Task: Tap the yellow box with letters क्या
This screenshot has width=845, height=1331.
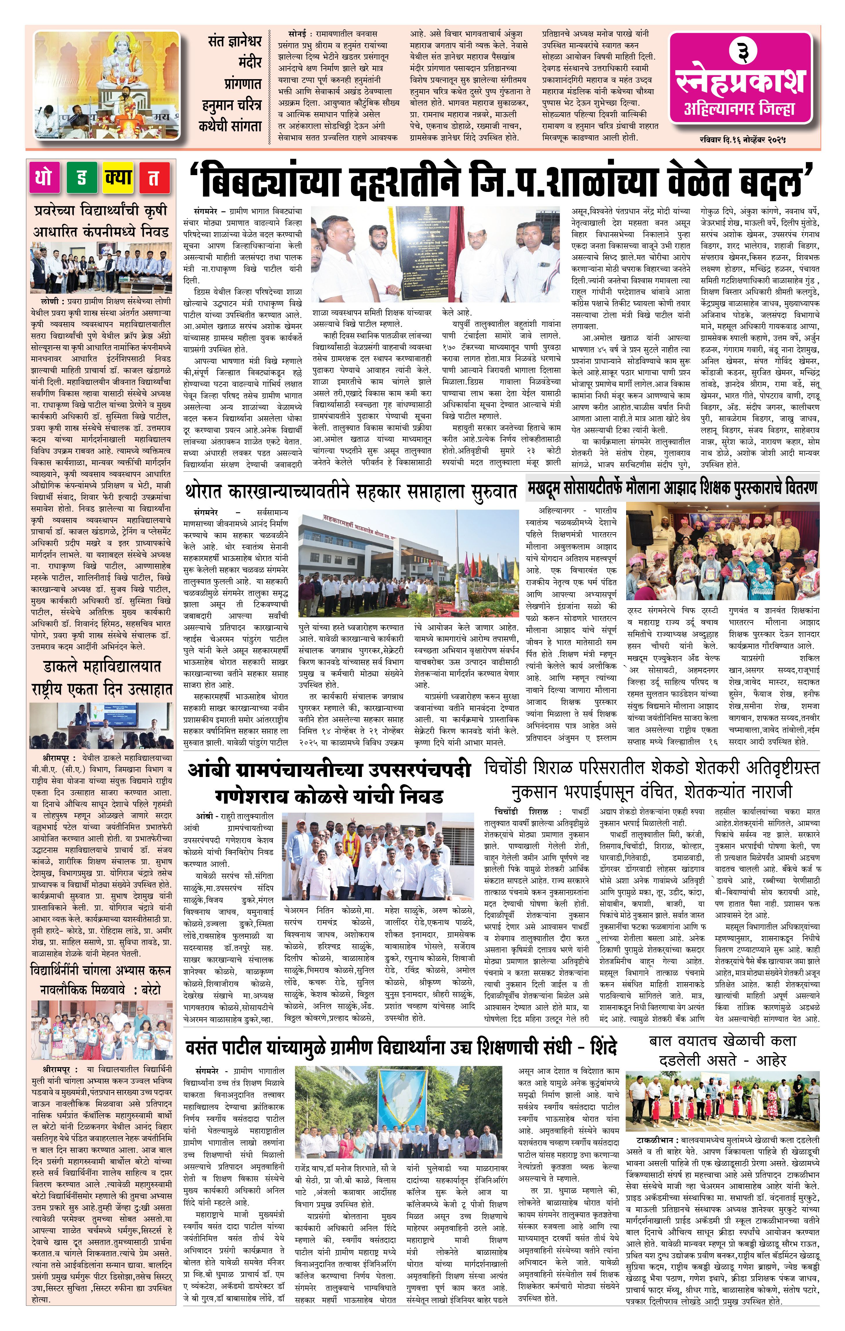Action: [x=117, y=177]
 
